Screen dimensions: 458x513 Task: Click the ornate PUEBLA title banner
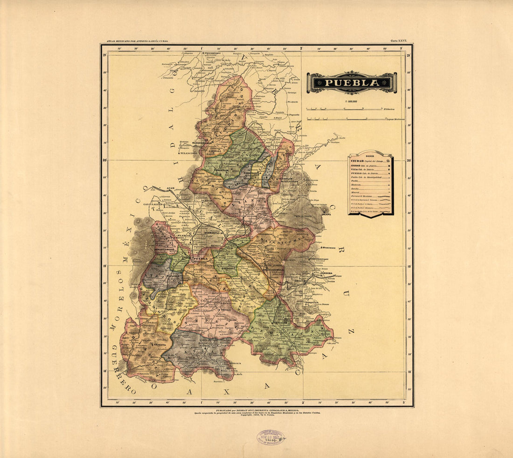click(352, 82)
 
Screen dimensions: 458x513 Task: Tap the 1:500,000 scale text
click(352, 101)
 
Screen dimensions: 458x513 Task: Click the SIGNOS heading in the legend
click(370, 156)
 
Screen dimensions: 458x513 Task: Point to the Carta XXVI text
click(398, 41)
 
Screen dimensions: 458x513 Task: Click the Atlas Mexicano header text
click(137, 41)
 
